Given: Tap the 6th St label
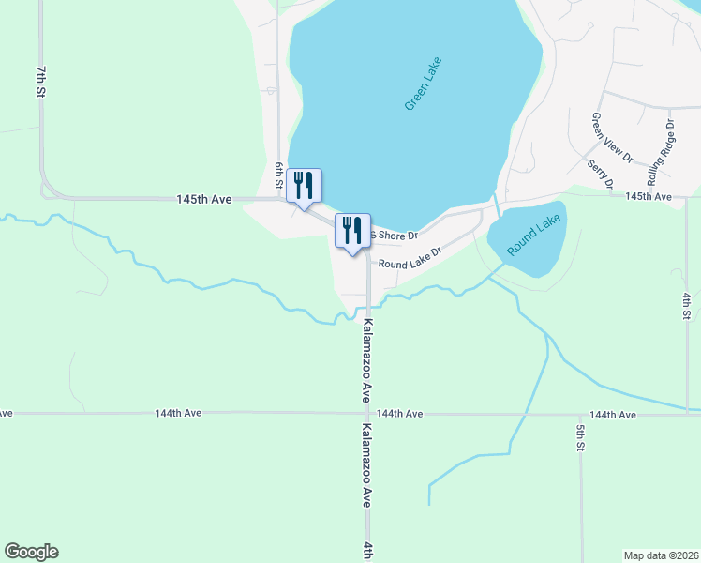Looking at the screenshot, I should [x=278, y=174].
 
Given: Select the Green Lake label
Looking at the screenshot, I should [x=423, y=84].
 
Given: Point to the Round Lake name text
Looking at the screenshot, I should [x=533, y=236].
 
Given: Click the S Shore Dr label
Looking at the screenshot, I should [x=394, y=235].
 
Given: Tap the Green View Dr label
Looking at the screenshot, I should [x=599, y=138].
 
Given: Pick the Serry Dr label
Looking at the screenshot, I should [x=599, y=175].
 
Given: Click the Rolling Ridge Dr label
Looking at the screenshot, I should [x=660, y=152].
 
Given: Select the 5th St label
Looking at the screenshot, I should [x=580, y=438].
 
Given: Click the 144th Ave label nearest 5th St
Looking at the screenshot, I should [x=613, y=415].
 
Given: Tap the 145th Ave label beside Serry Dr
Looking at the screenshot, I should [x=649, y=196].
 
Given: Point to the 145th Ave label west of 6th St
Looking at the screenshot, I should [x=203, y=200].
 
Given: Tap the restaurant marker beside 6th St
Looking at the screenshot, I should [x=303, y=185].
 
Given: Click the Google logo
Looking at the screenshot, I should [x=31, y=552].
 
